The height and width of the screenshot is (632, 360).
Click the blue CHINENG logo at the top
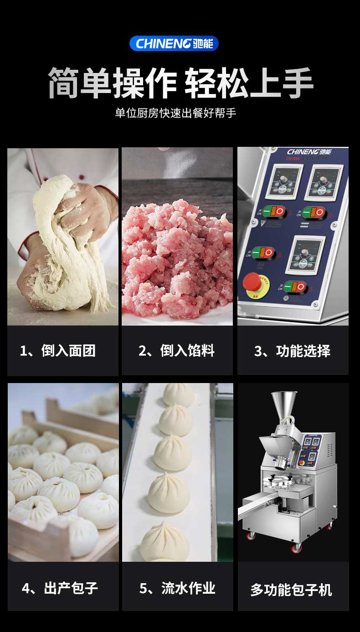point(174,44)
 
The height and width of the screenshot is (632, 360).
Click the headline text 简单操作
point(112,83)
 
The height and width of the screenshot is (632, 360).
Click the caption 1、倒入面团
point(58,351)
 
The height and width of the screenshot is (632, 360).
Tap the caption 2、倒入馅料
point(176,351)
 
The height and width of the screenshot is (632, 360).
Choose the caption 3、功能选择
point(292,351)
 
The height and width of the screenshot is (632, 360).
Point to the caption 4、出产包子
point(60,588)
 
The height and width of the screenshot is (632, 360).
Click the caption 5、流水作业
point(177,588)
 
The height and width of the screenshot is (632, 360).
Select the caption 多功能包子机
point(291,590)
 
